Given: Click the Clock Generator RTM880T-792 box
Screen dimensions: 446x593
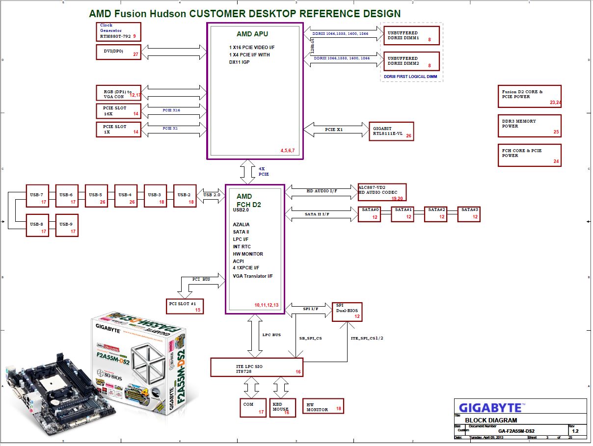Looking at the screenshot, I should pyautogui.click(x=118, y=31).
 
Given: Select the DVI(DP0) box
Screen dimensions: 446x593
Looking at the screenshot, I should pyautogui.click(x=118, y=52).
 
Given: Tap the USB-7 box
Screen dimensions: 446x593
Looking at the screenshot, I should pyautogui.click(x=37, y=196).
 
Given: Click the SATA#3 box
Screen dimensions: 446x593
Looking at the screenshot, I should pyautogui.click(x=469, y=214).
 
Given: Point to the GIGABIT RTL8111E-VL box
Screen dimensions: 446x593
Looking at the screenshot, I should pyautogui.click(x=392, y=131).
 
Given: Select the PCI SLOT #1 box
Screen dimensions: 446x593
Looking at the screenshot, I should pyautogui.click(x=185, y=306).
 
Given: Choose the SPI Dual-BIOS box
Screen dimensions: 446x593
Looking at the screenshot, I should pyautogui.click(x=347, y=312).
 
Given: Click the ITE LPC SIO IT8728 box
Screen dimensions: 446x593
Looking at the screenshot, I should pyautogui.click(x=256, y=367).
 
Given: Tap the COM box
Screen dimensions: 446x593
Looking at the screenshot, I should pyautogui.click(x=253, y=407).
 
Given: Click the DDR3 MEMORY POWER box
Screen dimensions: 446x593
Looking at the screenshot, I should pyautogui.click(x=529, y=126).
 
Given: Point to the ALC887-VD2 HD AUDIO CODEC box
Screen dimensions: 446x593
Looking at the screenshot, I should pyautogui.click(x=382, y=192).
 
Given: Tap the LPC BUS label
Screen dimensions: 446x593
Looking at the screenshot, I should pyautogui.click(x=272, y=335).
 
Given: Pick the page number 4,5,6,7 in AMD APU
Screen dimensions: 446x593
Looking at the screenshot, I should pyautogui.click(x=287, y=150).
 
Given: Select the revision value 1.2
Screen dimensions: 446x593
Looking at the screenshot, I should pyautogui.click(x=575, y=431).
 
